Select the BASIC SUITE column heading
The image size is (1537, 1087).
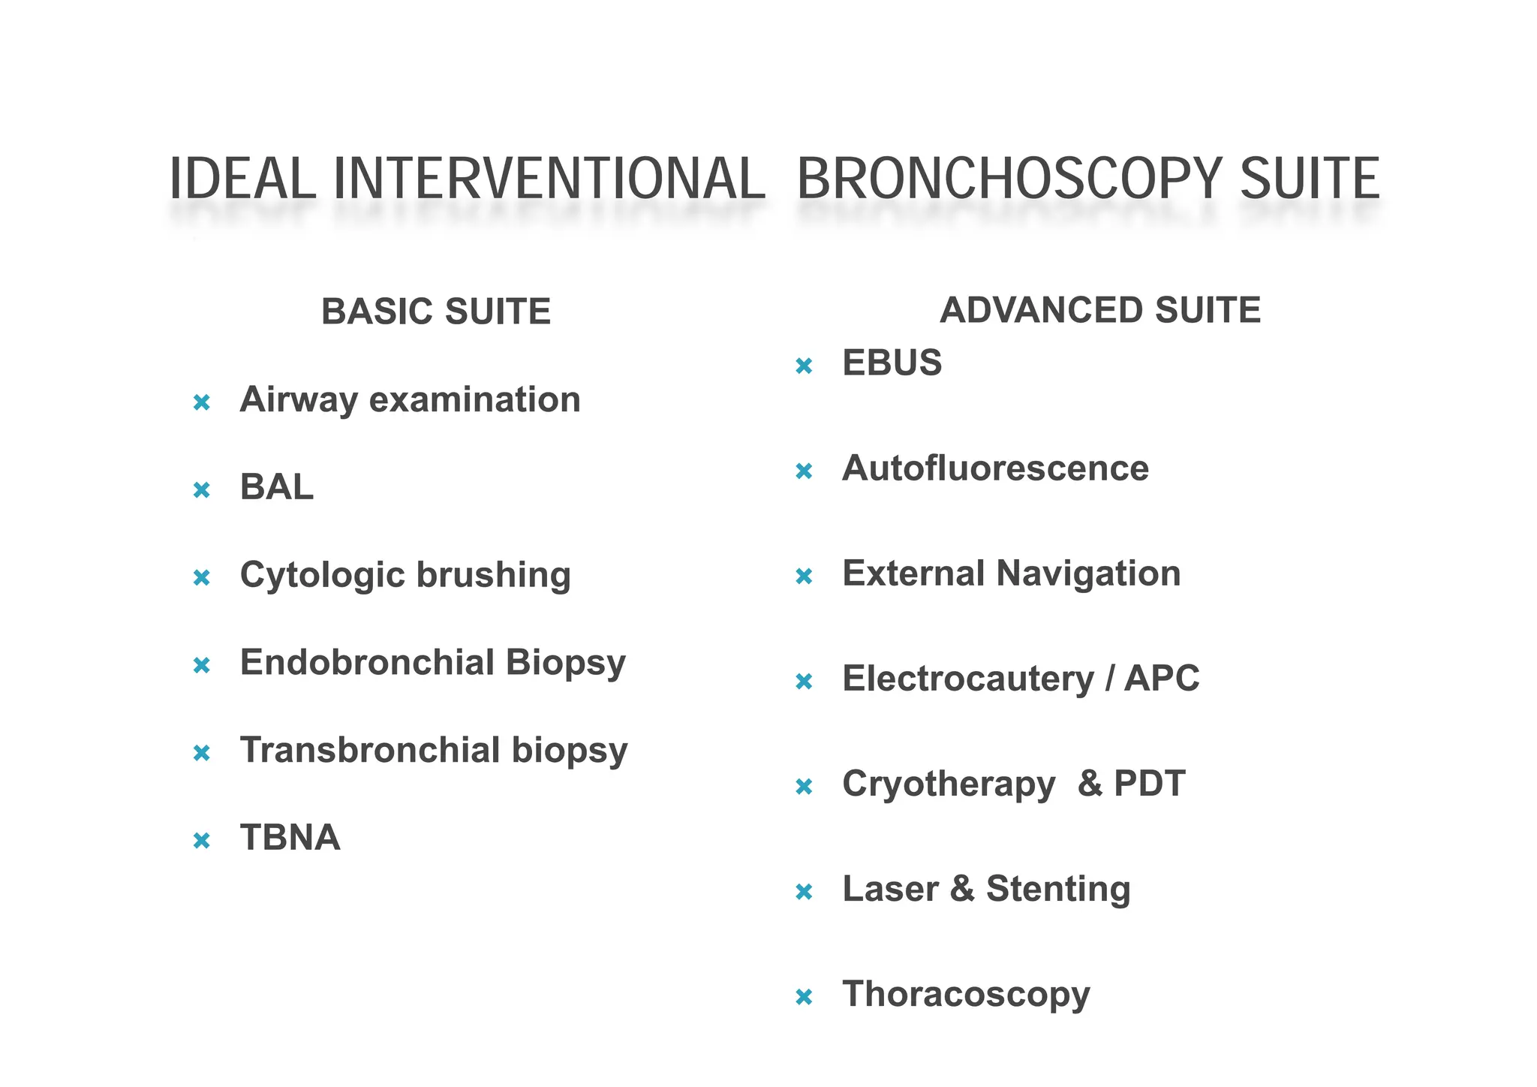coord(436,312)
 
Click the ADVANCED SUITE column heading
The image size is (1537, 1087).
coord(1100,310)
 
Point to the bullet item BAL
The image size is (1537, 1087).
coord(276,487)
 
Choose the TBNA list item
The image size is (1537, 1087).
coord(290,838)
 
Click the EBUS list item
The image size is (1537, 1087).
coord(892,363)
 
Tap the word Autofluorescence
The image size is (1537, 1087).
coord(995,468)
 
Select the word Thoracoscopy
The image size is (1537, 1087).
coord(966,995)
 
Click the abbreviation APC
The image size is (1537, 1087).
coord(1162,679)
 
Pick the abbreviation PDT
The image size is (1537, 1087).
coord(1149,784)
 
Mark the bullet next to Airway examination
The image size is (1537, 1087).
coord(201,403)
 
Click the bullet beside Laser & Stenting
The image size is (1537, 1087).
coord(804,892)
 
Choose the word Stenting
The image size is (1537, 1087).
coord(1058,890)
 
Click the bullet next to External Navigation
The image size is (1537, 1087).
coord(804,577)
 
